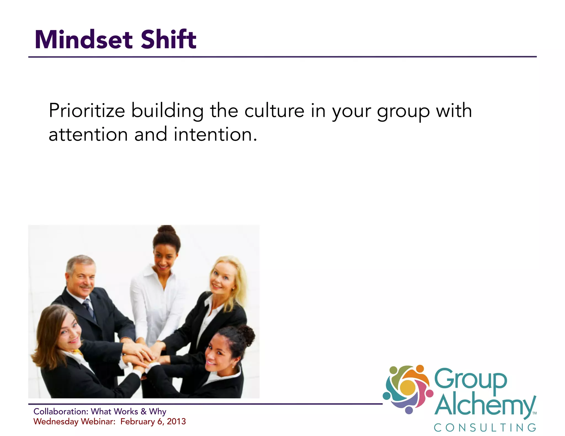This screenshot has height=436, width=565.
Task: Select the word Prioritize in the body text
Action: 87,111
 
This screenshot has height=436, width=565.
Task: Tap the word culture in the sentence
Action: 274,111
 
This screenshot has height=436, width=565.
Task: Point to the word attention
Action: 88,134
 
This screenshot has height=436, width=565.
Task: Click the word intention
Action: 213,134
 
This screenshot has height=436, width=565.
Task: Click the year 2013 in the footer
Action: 176,421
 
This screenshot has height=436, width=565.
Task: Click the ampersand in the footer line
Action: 143,411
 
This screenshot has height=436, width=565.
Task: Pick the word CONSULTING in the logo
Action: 485,428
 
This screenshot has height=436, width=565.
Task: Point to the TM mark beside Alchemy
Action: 534,413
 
